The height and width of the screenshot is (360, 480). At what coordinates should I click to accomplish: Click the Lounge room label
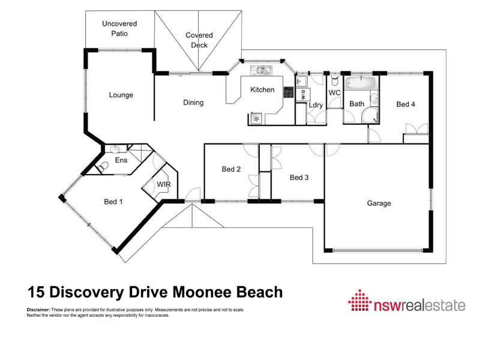[121, 95]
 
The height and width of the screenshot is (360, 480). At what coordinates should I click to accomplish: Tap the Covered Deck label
[199, 40]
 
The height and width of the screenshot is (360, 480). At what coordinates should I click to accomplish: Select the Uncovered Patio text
[119, 28]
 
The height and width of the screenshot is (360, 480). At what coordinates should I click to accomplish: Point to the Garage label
[379, 203]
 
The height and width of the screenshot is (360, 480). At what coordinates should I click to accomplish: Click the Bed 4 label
[406, 104]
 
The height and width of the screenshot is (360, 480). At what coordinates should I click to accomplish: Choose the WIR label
[164, 184]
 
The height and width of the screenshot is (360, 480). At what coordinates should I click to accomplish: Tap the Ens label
[121, 160]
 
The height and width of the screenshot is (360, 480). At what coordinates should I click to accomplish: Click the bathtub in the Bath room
[361, 83]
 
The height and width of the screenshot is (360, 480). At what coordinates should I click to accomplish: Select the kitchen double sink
[261, 70]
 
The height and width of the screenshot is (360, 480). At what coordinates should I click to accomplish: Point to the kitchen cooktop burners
[289, 92]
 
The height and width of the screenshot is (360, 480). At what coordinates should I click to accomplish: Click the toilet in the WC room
[335, 81]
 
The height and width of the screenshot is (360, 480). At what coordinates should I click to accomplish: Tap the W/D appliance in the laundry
[303, 95]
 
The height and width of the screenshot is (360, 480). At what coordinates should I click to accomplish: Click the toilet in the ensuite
[103, 167]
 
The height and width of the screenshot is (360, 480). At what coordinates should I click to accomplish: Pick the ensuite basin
[115, 149]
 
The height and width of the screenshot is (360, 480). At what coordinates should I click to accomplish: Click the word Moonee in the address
[202, 292]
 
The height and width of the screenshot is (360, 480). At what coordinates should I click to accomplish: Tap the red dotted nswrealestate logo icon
[360, 301]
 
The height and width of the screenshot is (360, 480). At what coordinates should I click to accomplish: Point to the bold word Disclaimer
[38, 310]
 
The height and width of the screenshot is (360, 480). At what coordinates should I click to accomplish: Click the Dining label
[193, 103]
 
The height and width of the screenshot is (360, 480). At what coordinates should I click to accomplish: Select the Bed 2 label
[231, 169]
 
